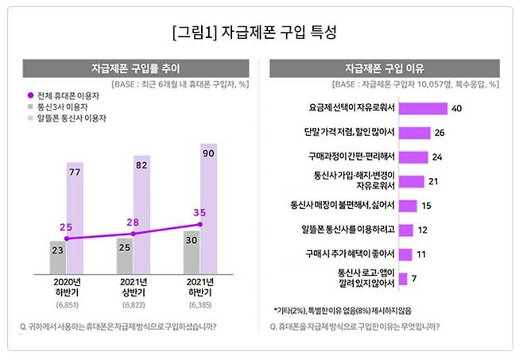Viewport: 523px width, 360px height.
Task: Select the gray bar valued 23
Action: tap(58, 256)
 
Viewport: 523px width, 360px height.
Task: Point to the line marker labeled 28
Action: tap(133, 234)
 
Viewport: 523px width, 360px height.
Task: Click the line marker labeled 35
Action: tap(200, 224)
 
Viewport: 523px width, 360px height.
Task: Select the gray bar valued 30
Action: tap(192, 250)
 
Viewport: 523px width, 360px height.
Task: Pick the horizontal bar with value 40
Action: tap(422, 108)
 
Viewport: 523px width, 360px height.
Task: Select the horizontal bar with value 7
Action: tap(402, 279)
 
